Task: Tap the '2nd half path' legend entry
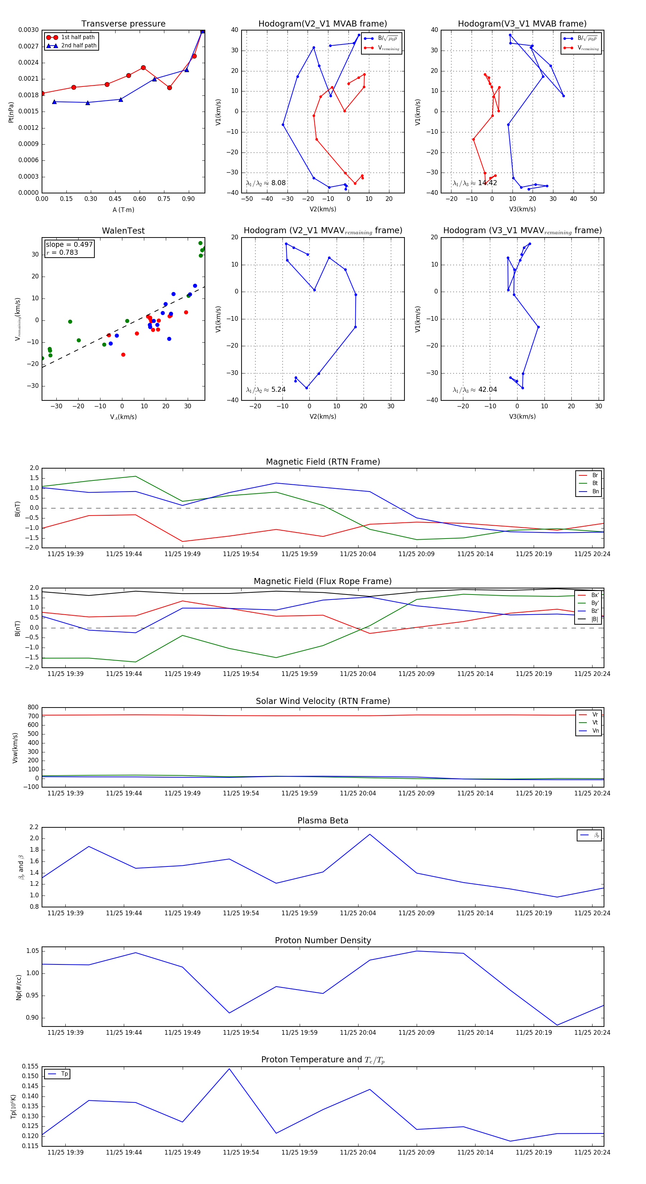coord(79,46)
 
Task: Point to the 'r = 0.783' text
coord(62,252)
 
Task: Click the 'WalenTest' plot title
coord(123,231)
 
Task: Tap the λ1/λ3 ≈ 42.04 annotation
coord(474,390)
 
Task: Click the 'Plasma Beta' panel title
coord(323,821)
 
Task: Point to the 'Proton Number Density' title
coord(323,940)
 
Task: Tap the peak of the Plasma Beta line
coord(370,834)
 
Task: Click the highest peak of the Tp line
coord(229,1068)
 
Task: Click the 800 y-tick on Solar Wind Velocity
coord(33,708)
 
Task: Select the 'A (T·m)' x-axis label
coord(123,210)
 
